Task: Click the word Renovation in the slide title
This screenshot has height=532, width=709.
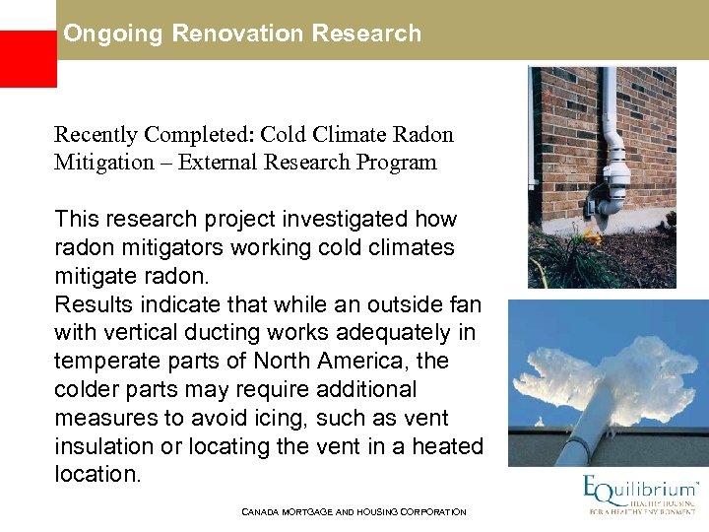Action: (x=237, y=33)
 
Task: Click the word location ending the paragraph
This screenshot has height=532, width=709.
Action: (x=97, y=474)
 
